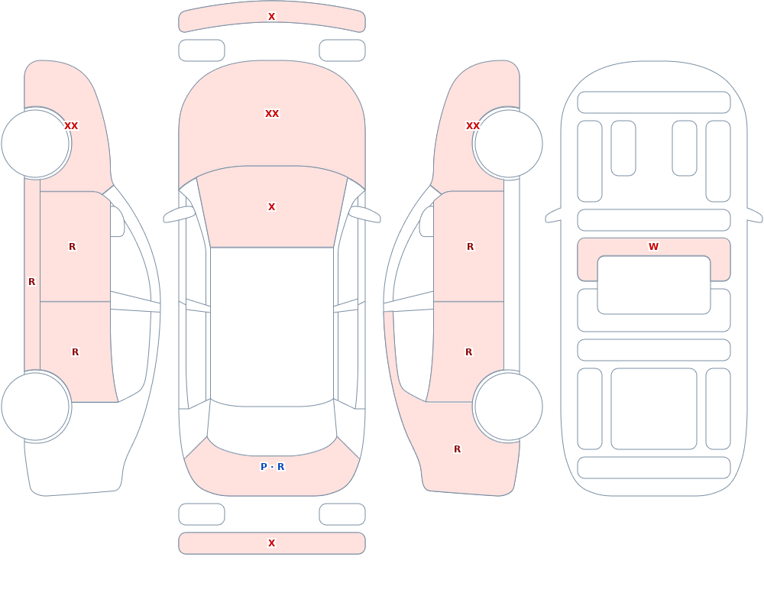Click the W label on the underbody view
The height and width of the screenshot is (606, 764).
[653, 247]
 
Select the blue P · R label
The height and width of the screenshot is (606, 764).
[273, 467]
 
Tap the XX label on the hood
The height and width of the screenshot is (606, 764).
[272, 114]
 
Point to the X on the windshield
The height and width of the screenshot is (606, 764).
[272, 207]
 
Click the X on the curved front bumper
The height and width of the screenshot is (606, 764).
[272, 17]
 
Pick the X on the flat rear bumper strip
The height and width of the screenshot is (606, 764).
[272, 543]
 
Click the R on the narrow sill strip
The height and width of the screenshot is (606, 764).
[31, 282]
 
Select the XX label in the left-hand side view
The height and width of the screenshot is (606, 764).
[71, 126]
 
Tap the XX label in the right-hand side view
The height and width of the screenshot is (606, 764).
[473, 126]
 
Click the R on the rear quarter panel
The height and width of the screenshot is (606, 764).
[457, 449]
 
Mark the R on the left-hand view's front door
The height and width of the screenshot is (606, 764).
[72, 247]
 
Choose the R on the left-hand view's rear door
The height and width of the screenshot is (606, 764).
[75, 352]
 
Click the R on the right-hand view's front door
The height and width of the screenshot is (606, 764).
[470, 247]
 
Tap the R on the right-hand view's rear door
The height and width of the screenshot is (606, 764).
[469, 352]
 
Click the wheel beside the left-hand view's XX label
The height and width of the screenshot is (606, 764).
[36, 144]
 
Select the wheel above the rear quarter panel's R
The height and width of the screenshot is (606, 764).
[508, 407]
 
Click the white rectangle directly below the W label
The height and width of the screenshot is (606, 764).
[654, 285]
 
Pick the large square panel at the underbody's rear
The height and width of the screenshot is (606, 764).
[654, 409]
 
